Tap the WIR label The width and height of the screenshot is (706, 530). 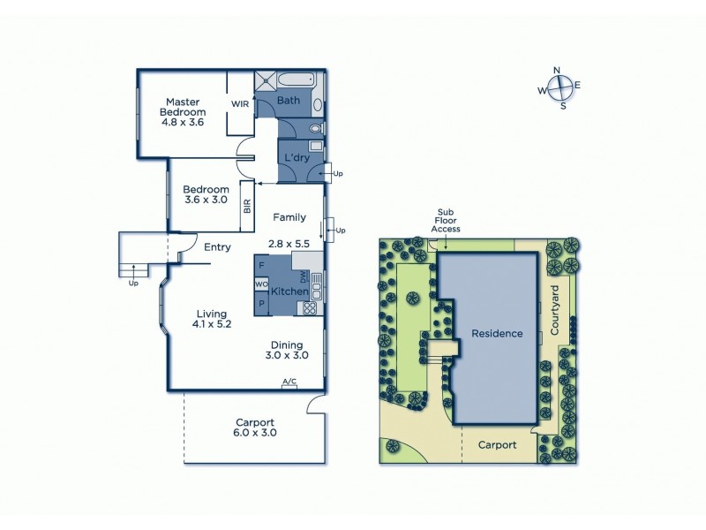tap(240, 104)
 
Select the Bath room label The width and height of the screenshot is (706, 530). tap(289, 101)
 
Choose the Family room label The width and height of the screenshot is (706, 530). tap(289, 217)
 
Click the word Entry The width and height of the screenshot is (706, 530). tap(217, 247)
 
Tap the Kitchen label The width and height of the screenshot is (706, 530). tap(289, 291)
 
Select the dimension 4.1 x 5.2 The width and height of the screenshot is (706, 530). tap(212, 325)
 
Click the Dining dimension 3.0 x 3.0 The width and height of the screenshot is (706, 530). tap(288, 356)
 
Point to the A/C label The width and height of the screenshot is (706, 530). tap(289, 382)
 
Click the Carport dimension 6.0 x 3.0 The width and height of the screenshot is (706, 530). tap(255, 433)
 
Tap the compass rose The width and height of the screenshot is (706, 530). tap(559, 87)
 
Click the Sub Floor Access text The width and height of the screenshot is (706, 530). tap(445, 221)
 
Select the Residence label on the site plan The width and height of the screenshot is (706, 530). tap(497, 334)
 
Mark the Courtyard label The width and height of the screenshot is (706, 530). tap(555, 310)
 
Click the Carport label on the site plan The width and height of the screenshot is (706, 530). tap(497, 445)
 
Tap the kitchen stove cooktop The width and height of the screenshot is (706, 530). tap(310, 308)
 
